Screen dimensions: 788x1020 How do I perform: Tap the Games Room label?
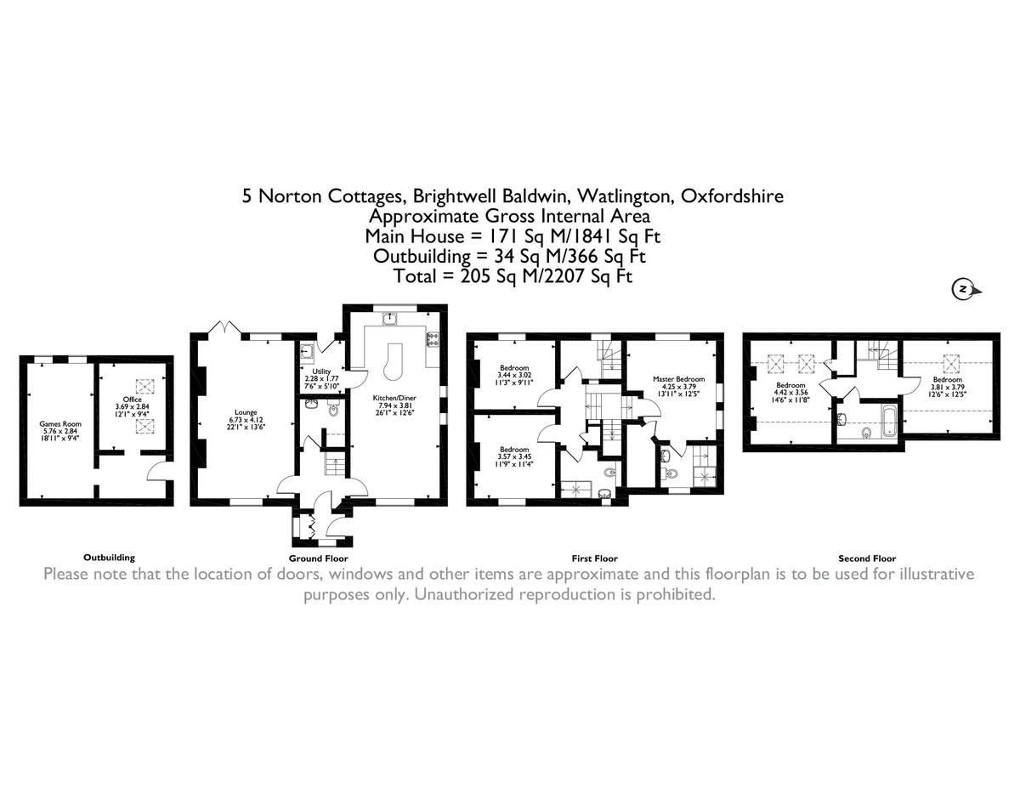(58, 422)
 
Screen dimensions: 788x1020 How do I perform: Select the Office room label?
(131, 399)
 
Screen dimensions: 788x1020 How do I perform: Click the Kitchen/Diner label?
(393, 397)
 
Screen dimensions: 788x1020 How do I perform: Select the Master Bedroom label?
(678, 379)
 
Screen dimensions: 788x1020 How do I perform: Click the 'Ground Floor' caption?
(318, 558)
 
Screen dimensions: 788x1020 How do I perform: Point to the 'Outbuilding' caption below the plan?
(109, 558)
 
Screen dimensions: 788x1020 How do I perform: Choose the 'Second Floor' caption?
(867, 558)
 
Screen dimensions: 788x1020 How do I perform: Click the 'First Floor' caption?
(595, 558)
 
